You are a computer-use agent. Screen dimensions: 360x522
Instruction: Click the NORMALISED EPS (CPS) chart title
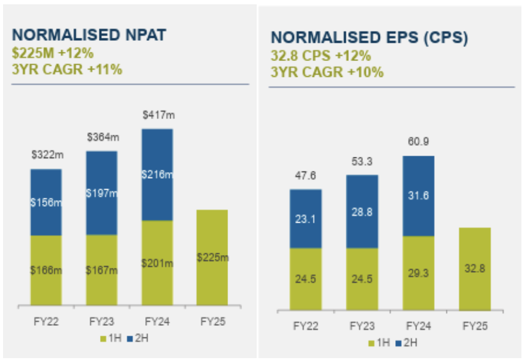coord(369,38)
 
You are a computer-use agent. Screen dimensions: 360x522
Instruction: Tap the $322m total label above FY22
coord(47,156)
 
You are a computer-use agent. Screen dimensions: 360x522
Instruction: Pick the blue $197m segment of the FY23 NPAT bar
coord(101,193)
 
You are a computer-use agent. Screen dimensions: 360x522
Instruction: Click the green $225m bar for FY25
coord(212,257)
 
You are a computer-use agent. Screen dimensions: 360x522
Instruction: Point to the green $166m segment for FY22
coord(46,270)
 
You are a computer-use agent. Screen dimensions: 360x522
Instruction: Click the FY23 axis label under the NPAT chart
coord(101,322)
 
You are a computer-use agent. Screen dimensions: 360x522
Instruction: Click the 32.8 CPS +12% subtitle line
coord(320,56)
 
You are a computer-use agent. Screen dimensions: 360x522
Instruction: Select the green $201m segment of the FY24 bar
coord(157,263)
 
